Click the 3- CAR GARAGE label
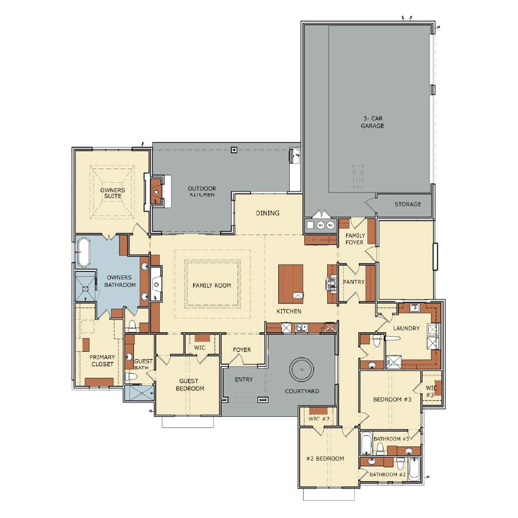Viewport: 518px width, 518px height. pos(373,122)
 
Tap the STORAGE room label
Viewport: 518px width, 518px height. pos(408,204)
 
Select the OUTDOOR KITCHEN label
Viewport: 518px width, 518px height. pos(202,191)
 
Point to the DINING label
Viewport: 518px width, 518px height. pos(267,213)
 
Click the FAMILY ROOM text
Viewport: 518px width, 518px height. pos(212,285)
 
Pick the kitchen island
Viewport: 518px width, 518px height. pos(291,284)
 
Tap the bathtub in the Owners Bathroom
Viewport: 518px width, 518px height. pos(83,252)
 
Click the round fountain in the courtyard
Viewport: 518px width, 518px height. pos(301,370)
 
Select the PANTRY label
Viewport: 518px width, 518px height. pos(354,282)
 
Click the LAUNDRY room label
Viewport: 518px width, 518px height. pos(406,328)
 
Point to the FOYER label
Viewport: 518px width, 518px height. pos(242,350)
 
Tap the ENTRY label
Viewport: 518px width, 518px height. pos(244,379)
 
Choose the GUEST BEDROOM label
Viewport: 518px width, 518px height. pos(190,385)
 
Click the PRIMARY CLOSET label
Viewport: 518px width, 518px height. pos(102,360)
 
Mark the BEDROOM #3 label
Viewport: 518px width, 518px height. pos(392,400)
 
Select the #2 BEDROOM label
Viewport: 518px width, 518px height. pos(325,459)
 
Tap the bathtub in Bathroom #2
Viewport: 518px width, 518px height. pos(415,469)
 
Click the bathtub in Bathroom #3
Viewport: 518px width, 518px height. pos(366,443)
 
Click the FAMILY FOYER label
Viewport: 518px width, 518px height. pos(355,239)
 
